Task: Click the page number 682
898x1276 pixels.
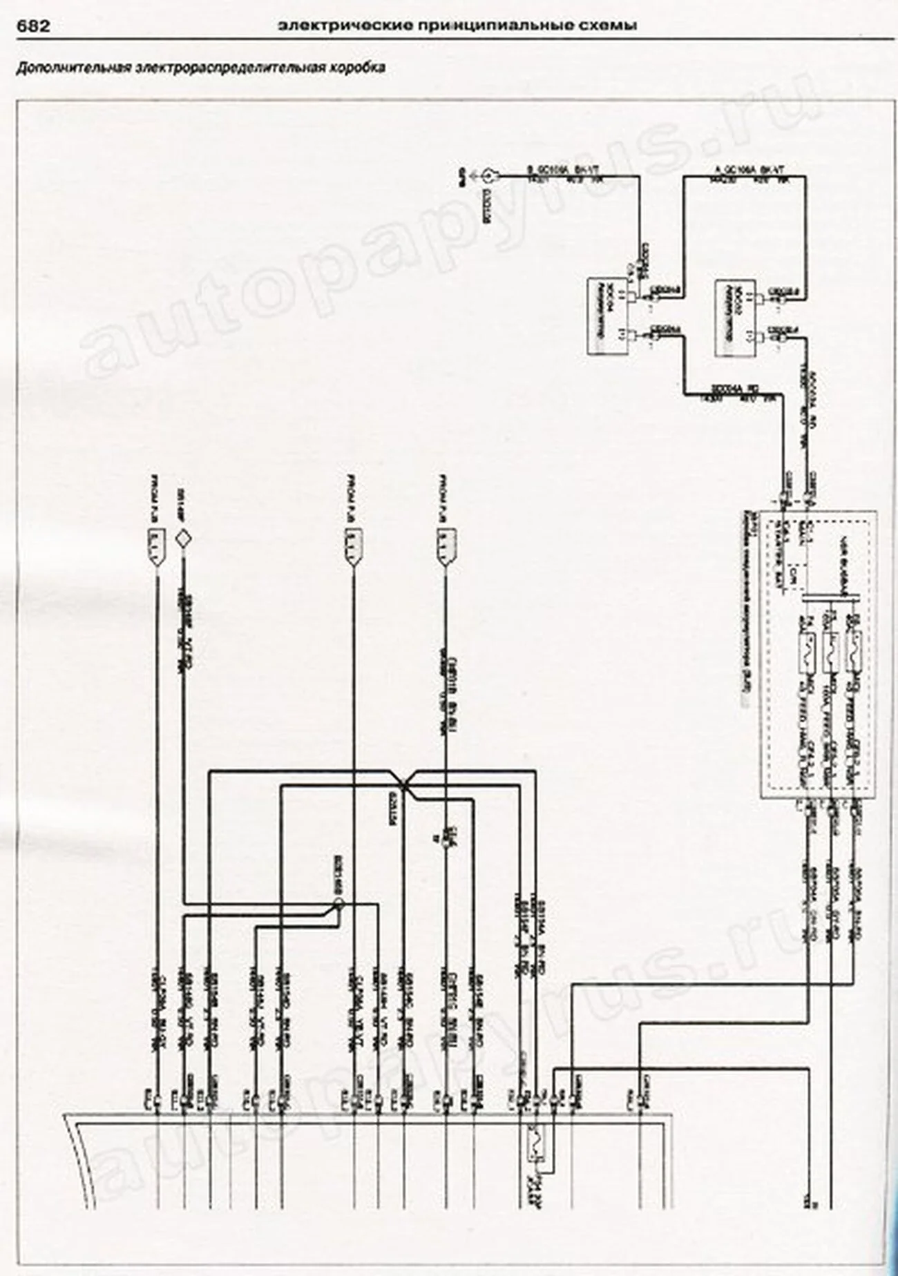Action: (x=32, y=26)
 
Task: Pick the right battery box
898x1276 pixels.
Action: (x=733, y=317)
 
